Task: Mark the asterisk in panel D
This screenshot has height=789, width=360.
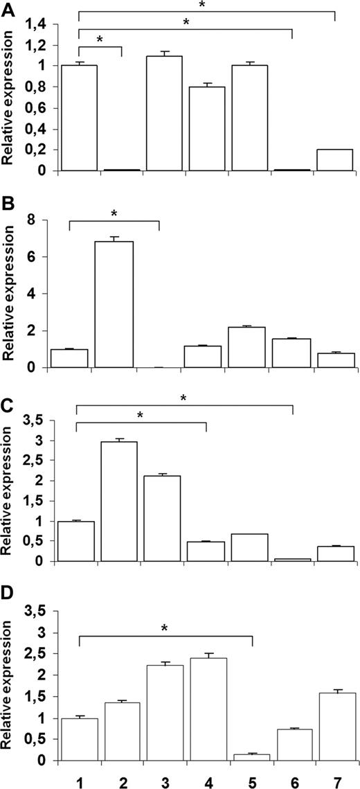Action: point(165,629)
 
